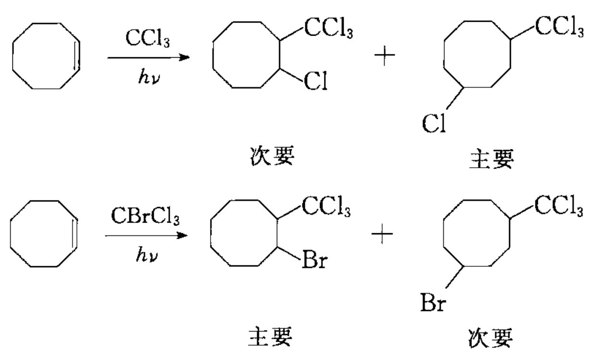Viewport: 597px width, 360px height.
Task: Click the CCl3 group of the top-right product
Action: tap(559, 28)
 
